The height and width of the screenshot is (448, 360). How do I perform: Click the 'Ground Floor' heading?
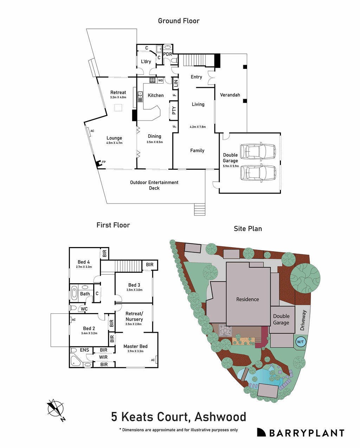(179, 21)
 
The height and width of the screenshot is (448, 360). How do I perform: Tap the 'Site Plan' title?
(248, 228)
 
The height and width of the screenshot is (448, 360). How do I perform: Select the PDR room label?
(168, 54)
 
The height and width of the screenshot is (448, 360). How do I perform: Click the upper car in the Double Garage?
(258, 151)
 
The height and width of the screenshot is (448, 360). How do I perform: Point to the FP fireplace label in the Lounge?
(104, 162)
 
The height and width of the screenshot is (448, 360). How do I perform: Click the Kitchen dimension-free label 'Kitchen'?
(155, 95)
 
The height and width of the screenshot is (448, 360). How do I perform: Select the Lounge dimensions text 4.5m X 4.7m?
(114, 143)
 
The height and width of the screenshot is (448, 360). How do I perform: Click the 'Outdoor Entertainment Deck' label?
(154, 185)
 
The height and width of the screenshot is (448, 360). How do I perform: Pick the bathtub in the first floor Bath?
(74, 293)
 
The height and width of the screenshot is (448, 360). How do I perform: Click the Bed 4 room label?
(84, 262)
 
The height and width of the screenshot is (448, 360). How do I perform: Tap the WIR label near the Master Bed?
(103, 357)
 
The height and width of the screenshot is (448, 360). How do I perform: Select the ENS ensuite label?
(84, 350)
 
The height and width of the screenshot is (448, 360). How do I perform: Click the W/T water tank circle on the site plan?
(300, 342)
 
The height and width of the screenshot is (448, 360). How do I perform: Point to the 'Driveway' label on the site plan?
(303, 320)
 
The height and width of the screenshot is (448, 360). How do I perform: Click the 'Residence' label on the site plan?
(247, 299)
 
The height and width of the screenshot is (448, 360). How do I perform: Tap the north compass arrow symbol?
(56, 409)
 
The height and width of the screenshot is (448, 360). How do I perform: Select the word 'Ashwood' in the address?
(220, 417)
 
